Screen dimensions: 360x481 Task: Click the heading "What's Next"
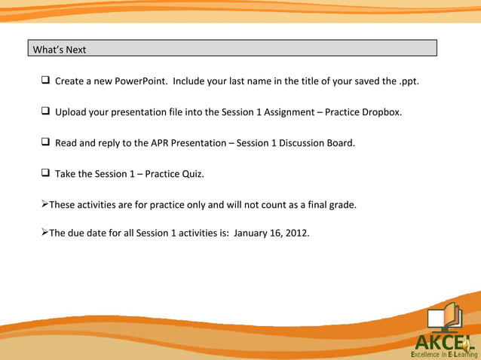pos(60,50)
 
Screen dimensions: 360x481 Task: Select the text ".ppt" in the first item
pos(408,81)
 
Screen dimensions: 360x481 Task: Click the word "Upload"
pos(70,112)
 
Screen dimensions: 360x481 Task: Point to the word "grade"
pos(340,204)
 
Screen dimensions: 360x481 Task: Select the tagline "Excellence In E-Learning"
pos(443,354)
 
